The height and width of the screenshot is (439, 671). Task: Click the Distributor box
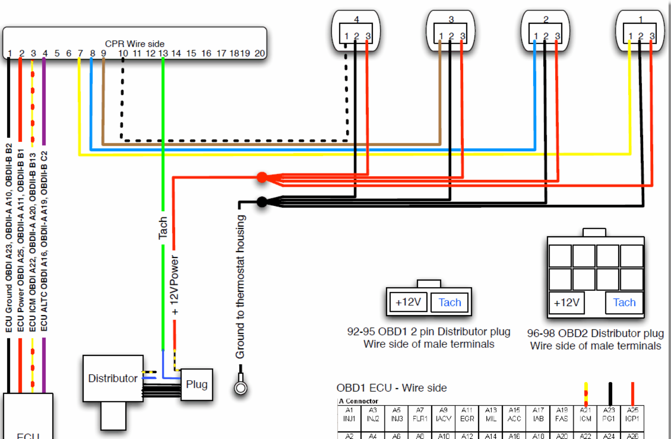tap(113, 378)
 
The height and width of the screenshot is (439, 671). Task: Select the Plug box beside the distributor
tap(197, 384)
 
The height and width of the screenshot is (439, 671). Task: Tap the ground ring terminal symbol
tap(241, 388)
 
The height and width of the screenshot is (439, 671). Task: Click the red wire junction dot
tap(262, 177)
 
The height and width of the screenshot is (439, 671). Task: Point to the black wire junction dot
tap(262, 202)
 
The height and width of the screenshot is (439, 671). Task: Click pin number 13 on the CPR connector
tap(163, 54)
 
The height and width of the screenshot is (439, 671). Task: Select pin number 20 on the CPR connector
tap(259, 54)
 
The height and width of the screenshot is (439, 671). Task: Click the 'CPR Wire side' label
tap(135, 44)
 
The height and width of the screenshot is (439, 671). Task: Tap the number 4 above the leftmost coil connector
tap(356, 19)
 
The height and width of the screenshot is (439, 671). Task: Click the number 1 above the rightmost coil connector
tap(641, 19)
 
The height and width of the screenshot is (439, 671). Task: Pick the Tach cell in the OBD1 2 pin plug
tap(449, 302)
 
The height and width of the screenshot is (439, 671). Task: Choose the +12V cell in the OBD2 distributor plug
tap(567, 302)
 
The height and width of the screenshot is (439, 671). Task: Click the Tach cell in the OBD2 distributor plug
tap(624, 302)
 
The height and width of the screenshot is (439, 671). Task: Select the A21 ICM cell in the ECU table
tap(586, 414)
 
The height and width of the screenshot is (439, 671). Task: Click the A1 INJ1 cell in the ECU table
tap(349, 414)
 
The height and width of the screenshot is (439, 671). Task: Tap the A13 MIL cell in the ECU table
tap(491, 414)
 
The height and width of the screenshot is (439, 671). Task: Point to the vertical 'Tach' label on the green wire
tap(163, 228)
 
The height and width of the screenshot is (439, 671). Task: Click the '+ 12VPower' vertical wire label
tap(174, 285)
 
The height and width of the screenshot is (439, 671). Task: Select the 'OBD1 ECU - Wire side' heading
tap(391, 388)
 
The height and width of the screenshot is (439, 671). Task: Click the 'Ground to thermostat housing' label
tap(240, 287)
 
